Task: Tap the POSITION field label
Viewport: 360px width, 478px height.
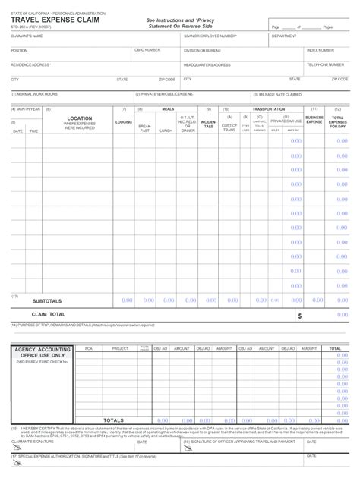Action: (x=19, y=50)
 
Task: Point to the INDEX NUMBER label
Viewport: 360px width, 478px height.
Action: (x=320, y=50)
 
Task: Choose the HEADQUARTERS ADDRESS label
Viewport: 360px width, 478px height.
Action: (x=207, y=64)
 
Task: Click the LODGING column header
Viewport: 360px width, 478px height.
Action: (x=123, y=121)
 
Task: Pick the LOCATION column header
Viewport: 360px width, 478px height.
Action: (x=80, y=118)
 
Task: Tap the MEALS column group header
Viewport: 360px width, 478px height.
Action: (x=168, y=109)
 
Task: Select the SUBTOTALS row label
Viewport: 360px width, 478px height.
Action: (x=47, y=300)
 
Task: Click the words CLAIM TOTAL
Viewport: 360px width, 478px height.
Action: (x=49, y=313)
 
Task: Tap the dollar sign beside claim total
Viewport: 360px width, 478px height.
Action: (x=299, y=316)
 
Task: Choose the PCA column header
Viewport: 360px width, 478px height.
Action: (x=88, y=349)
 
